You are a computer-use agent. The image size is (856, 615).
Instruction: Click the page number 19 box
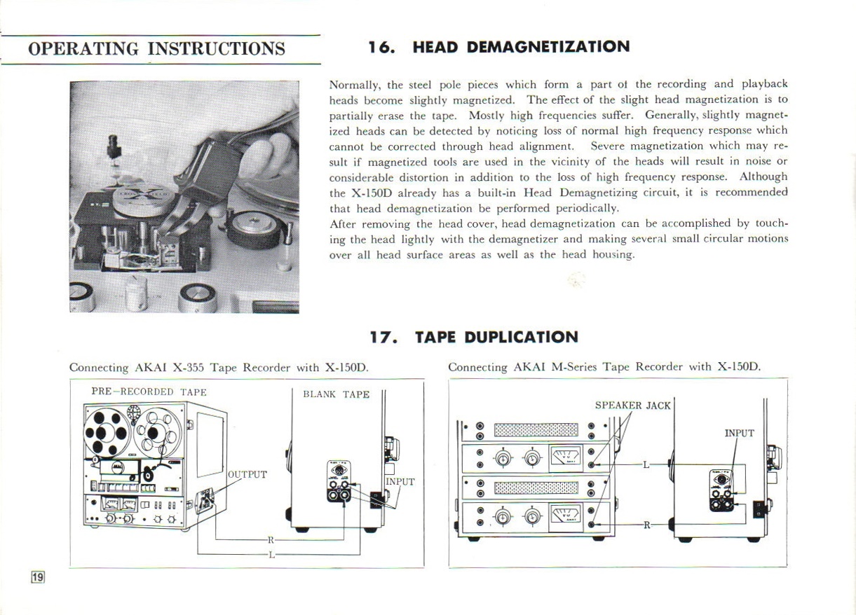[38, 576]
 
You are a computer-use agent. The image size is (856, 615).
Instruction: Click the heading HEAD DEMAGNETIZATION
[521, 47]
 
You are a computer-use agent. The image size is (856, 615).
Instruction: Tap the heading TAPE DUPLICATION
[496, 337]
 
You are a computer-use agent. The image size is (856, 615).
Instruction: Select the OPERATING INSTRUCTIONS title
[156, 48]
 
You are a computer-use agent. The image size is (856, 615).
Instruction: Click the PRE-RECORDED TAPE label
[149, 392]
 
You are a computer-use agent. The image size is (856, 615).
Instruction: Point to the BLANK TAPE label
[336, 394]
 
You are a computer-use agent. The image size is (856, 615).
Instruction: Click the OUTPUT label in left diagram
[247, 474]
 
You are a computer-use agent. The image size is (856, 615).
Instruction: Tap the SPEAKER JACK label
[632, 405]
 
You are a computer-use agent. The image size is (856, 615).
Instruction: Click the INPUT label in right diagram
[739, 433]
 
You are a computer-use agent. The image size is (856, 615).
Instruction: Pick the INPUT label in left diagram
[400, 482]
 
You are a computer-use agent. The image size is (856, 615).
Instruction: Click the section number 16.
[382, 47]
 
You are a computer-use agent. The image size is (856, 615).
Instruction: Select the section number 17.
[383, 337]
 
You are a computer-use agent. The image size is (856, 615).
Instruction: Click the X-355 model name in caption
[188, 367]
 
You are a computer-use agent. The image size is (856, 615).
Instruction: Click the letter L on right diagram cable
[645, 464]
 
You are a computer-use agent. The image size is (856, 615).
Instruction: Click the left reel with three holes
[106, 434]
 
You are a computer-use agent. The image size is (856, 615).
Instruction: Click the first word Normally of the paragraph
[355, 85]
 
